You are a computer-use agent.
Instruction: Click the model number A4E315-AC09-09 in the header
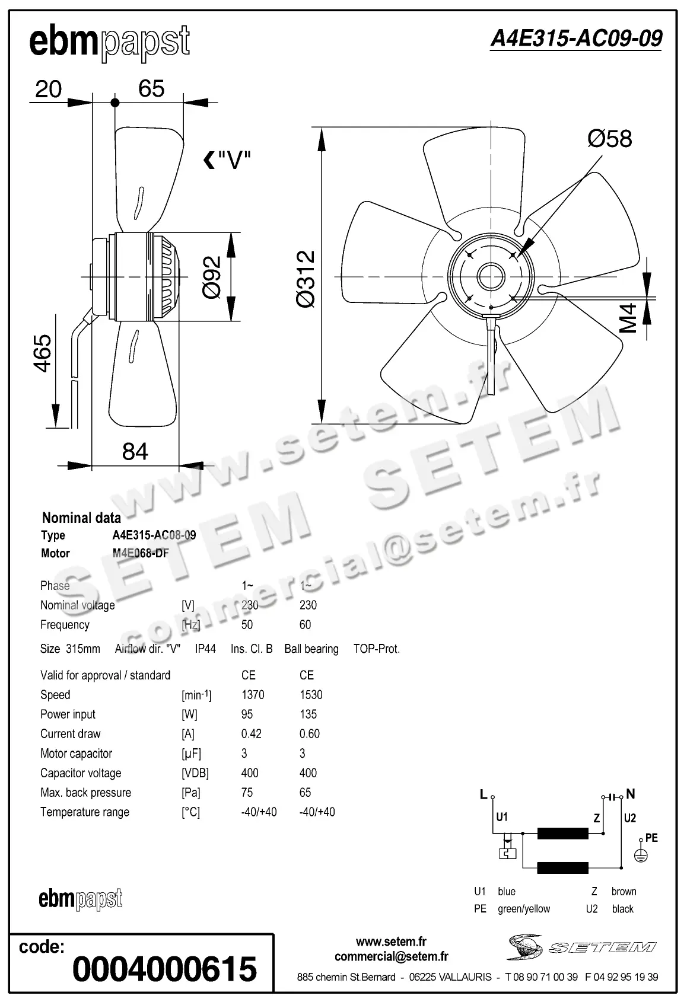[x=575, y=39]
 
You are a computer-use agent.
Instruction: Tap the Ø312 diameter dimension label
[x=306, y=278]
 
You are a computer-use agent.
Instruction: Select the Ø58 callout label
[x=609, y=139]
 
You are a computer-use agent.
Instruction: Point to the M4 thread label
[x=628, y=318]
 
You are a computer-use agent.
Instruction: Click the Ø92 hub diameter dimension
[x=212, y=277]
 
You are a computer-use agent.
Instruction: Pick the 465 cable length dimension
[x=42, y=353]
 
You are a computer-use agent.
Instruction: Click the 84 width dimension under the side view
[x=135, y=452]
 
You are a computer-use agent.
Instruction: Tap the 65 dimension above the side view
[x=151, y=89]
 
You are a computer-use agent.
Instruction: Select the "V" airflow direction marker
[x=227, y=159]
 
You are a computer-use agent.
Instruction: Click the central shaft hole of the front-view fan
[x=491, y=276]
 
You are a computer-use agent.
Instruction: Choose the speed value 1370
[x=253, y=695]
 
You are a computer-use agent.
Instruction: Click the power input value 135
[x=308, y=714]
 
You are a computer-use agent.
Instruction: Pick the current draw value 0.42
[x=251, y=734]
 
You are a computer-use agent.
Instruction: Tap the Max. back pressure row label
[x=85, y=793]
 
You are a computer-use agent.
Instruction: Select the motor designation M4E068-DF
[x=141, y=553]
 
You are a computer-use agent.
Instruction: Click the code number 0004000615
[x=164, y=969]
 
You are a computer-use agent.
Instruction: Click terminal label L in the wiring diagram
[x=484, y=794]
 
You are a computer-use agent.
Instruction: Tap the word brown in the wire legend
[x=624, y=892]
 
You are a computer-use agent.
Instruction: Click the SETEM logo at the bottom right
[x=581, y=947]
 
